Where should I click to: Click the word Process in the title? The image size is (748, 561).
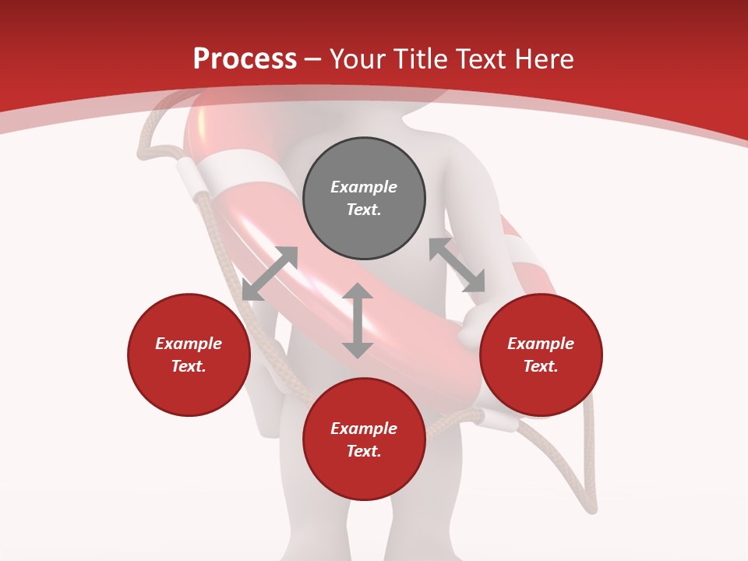point(245,59)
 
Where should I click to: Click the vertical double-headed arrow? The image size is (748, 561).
point(358,320)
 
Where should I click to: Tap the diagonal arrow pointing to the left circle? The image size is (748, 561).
point(270,273)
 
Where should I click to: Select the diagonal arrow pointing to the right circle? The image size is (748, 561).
point(457,265)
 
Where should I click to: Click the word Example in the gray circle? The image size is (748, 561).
point(364,187)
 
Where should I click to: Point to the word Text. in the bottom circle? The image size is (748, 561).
point(364,451)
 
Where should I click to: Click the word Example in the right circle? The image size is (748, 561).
point(541,344)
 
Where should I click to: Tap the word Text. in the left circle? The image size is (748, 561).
point(189,366)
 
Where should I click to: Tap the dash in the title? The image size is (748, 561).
point(313,59)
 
